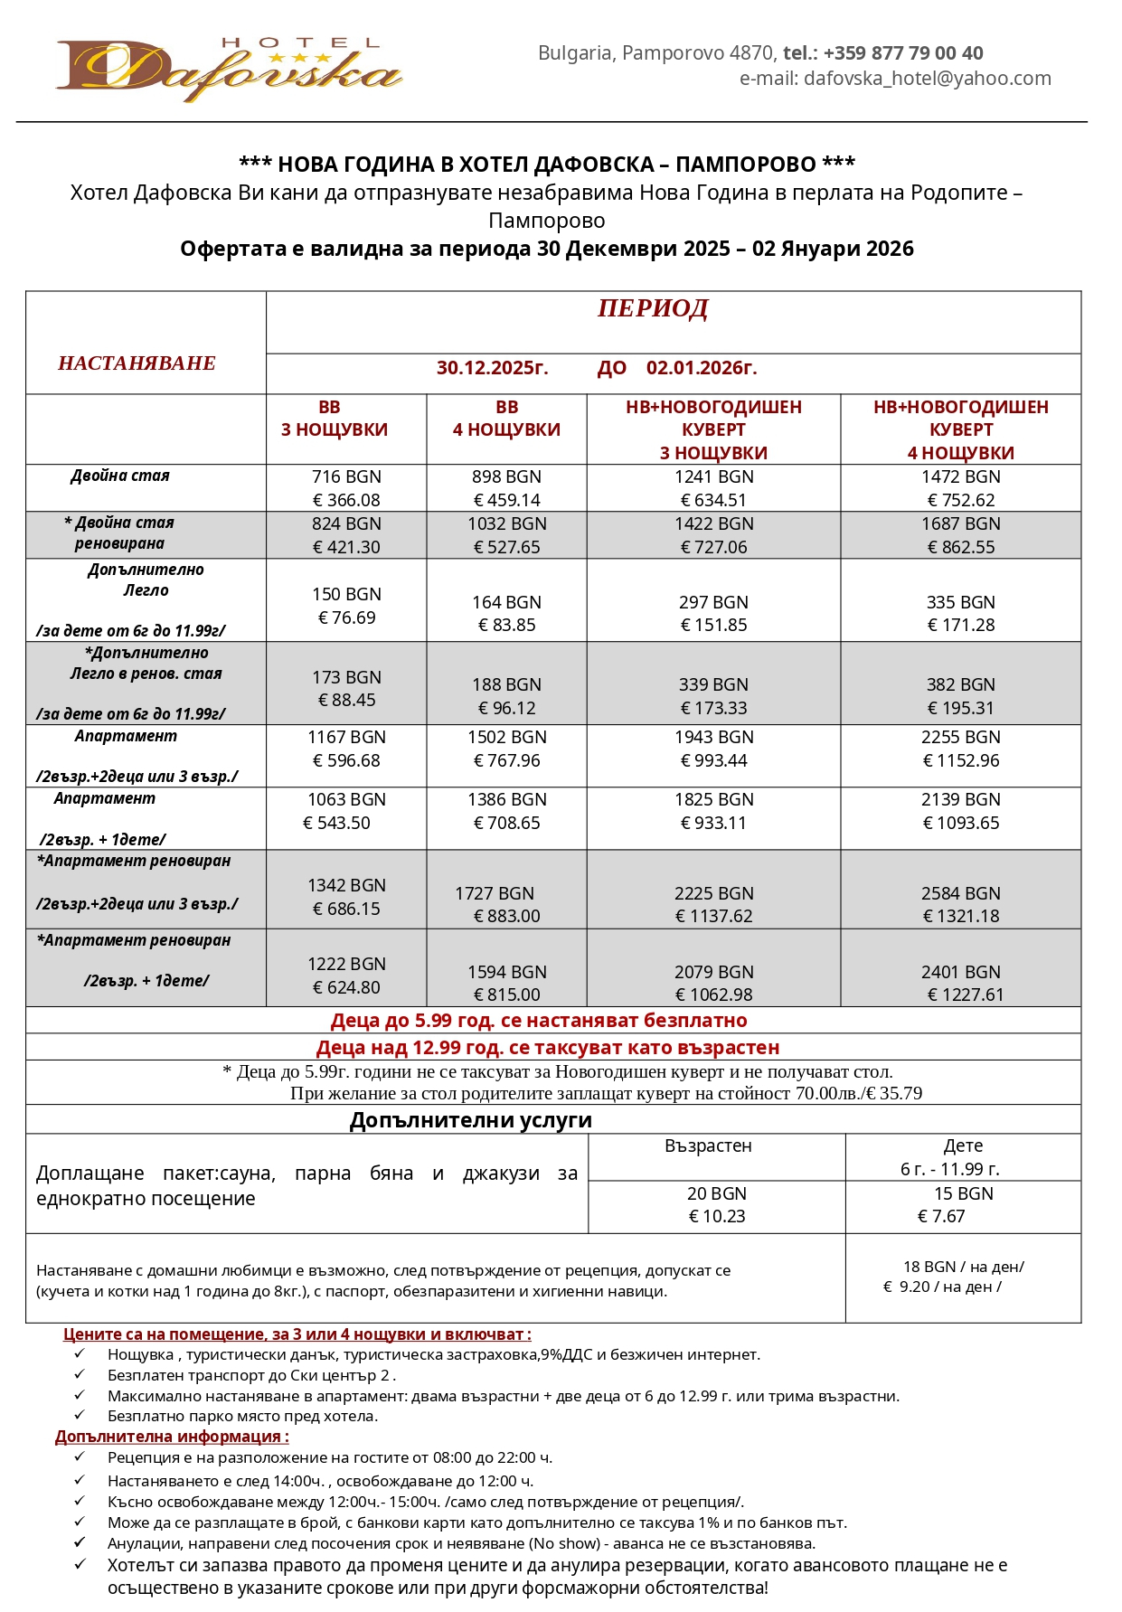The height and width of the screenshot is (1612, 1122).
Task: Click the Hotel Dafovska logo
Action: (229, 70)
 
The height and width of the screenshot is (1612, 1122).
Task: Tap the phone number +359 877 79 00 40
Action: (902, 53)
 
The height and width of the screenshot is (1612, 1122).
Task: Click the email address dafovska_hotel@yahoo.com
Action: (927, 79)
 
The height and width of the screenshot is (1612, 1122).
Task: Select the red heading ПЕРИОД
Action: (653, 309)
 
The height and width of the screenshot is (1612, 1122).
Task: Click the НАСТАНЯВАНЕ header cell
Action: (137, 363)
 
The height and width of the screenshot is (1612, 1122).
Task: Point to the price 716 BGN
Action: (346, 476)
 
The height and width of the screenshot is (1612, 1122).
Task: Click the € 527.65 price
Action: (507, 547)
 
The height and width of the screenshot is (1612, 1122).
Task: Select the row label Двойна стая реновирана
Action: (119, 533)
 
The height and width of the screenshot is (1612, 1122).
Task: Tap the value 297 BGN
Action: (713, 602)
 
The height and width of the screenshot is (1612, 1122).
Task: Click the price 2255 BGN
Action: (960, 737)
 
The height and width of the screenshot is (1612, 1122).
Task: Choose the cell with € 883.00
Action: (507, 916)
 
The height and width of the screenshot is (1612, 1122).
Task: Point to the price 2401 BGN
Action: (960, 972)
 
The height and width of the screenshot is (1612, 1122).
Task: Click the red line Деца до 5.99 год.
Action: (539, 1021)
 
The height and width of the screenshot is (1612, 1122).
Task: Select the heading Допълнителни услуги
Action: (471, 1120)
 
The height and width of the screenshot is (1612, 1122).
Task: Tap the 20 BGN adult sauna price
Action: (716, 1193)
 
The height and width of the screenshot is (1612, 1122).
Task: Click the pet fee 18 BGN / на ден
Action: (963, 1267)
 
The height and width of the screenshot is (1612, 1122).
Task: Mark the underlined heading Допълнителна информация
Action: (172, 1437)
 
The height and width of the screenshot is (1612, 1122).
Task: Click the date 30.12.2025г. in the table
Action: (492, 368)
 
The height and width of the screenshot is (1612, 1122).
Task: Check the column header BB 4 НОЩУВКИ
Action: (506, 419)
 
